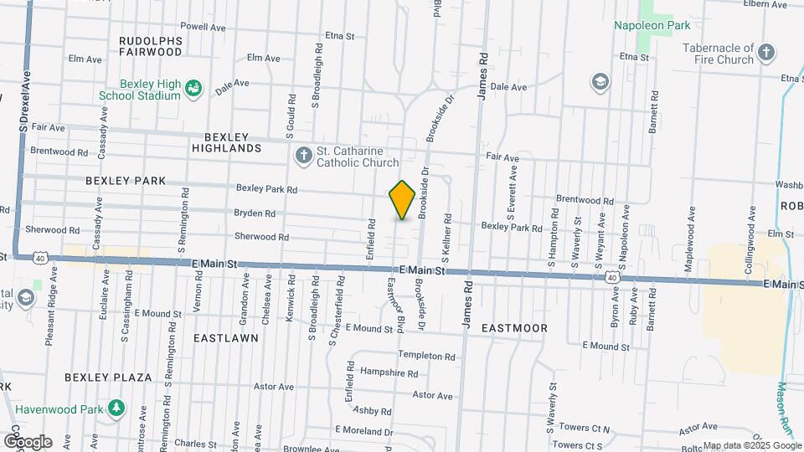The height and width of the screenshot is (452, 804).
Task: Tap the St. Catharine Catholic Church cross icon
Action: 303,156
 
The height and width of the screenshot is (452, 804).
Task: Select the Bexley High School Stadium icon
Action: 193,89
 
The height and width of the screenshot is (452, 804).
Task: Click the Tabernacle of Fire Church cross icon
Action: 766,54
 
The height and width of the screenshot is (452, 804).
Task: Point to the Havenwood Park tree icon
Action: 116,409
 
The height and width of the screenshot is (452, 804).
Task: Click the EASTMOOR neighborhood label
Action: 514,328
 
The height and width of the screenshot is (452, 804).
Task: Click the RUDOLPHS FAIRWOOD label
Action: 151,45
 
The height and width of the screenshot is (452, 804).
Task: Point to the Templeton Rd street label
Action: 426,356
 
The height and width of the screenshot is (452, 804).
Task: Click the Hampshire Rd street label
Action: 389,372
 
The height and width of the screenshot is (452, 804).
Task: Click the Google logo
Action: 28,441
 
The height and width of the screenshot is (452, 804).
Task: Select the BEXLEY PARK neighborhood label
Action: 126,181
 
